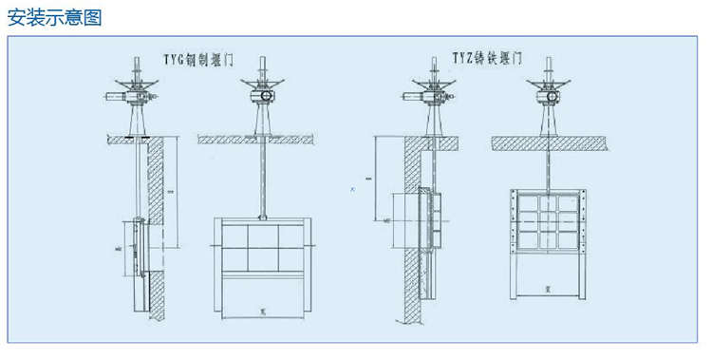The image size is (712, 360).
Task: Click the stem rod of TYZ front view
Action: coord(548,166)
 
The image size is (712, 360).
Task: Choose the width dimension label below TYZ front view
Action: coord(548,286)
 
